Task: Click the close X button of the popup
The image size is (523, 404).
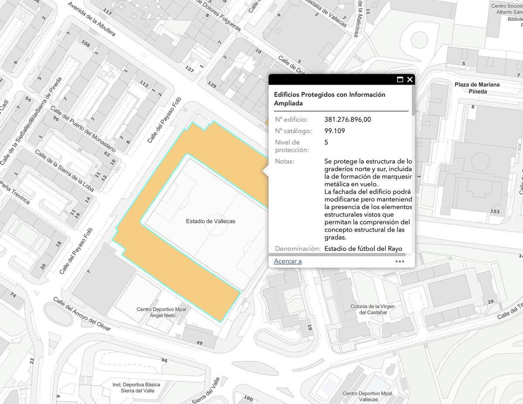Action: pyautogui.click(x=410, y=79)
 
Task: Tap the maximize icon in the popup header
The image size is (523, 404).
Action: pyautogui.click(x=400, y=79)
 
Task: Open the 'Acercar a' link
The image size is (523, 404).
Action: pyautogui.click(x=288, y=261)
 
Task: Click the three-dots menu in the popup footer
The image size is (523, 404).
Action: pyautogui.click(x=400, y=261)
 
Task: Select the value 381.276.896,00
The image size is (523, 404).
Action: pyautogui.click(x=347, y=119)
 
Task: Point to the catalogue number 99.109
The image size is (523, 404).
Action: pyautogui.click(x=334, y=131)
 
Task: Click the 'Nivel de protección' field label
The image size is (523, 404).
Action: pyautogui.click(x=292, y=146)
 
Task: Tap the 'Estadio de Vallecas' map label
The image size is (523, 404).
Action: pyautogui.click(x=211, y=221)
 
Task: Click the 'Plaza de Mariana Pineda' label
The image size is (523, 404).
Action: pyautogui.click(x=477, y=88)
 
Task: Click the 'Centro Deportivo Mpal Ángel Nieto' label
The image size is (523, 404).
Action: pyautogui.click(x=161, y=312)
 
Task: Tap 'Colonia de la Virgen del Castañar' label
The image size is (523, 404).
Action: pyautogui.click(x=372, y=309)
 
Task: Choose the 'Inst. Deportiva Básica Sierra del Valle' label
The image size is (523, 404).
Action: pyautogui.click(x=136, y=387)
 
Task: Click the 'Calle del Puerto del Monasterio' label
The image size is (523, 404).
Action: pyautogui.click(x=83, y=129)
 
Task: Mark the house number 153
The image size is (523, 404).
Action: pyautogui.click(x=495, y=211)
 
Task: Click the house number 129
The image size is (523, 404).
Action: pyautogui.click(x=212, y=85)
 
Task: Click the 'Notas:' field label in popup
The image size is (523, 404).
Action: pyautogui.click(x=284, y=161)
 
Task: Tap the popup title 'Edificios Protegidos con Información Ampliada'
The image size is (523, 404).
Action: pyautogui.click(x=329, y=99)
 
